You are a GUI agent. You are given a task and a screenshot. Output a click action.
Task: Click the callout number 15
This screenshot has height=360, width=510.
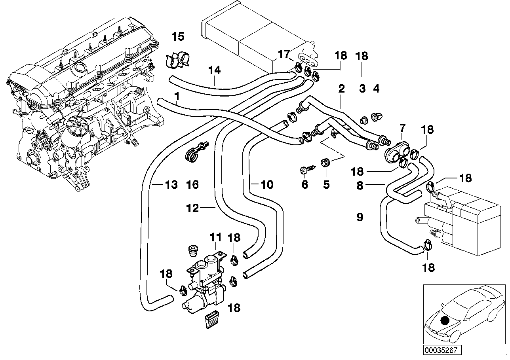coord(178,37)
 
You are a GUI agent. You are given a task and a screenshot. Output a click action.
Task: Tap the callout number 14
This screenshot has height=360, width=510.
coord(214,70)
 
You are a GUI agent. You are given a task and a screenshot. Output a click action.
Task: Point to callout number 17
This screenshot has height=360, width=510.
coord(284,55)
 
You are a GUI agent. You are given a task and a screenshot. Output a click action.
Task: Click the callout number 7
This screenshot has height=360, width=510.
coord(402,128)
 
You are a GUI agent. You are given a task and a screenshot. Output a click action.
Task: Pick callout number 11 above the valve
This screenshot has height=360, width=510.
coord(216,238)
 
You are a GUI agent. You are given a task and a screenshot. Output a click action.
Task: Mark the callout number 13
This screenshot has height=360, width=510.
coord(171,184)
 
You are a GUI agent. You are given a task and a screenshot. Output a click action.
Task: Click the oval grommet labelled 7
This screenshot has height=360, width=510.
coord(397,149)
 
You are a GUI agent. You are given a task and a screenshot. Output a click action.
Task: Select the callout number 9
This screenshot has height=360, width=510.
coord(360,217)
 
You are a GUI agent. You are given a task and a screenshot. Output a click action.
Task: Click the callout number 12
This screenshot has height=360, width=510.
coord(193,208)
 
